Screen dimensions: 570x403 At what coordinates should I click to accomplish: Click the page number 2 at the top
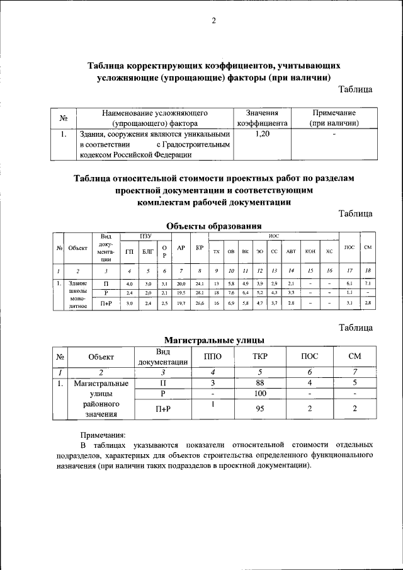(213, 21)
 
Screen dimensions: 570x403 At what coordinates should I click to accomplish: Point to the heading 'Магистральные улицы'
(213, 341)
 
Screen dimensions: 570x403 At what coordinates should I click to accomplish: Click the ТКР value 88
(258, 382)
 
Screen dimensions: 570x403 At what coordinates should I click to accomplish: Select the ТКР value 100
(258, 394)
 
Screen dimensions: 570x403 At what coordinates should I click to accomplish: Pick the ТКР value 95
(258, 408)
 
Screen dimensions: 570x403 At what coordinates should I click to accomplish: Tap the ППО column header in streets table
(213, 356)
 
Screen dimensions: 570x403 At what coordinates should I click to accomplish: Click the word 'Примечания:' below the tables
(103, 435)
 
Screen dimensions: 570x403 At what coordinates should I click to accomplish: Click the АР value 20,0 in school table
(181, 284)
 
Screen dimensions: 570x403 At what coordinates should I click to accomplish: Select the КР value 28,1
(199, 293)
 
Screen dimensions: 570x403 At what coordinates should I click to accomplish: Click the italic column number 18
(368, 270)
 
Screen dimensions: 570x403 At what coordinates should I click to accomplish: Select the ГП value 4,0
(130, 284)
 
